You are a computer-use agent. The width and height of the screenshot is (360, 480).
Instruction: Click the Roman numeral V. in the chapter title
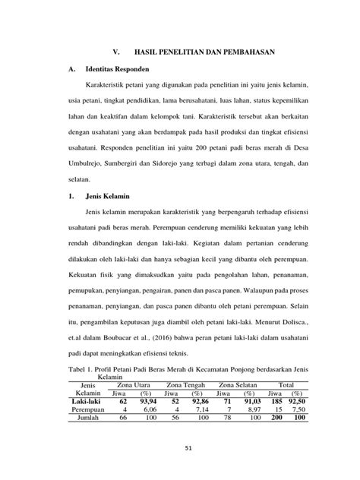click(116, 53)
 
